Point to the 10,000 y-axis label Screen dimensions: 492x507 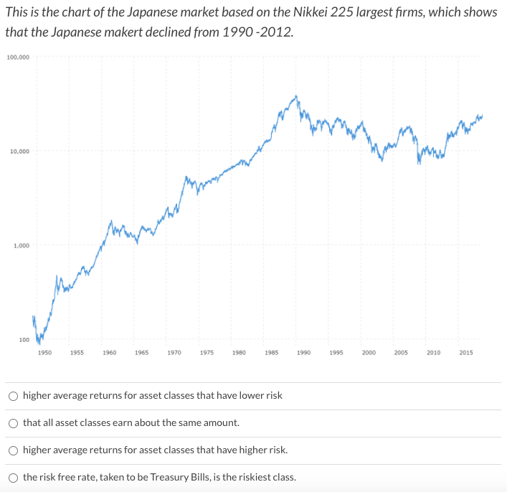(19, 151)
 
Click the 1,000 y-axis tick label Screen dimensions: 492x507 (21, 246)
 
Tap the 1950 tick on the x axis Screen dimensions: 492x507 (44, 352)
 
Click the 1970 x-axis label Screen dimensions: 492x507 (174, 352)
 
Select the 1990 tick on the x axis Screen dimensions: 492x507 (303, 352)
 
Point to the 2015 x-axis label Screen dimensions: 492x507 (466, 352)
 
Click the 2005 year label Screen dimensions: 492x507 (401, 352)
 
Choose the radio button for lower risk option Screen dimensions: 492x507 (14, 396)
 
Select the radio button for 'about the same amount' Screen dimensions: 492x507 (14, 423)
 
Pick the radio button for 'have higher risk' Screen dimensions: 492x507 (14, 450)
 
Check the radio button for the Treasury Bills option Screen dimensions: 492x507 (14, 478)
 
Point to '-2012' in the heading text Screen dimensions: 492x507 (277, 33)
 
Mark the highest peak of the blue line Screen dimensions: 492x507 (296, 95)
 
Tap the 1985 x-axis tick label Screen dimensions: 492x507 (271, 352)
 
